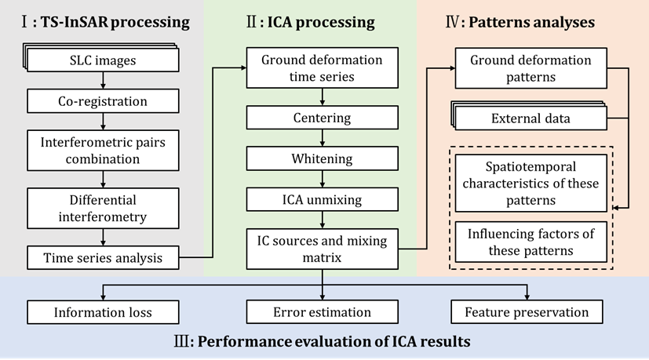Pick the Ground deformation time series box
click(x=321, y=69)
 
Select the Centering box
click(x=321, y=118)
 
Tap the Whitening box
click(x=321, y=158)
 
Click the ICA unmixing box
click(x=321, y=199)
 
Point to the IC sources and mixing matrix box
click(x=321, y=245)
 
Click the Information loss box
click(x=103, y=312)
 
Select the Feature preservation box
click(x=530, y=312)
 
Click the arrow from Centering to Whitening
click(x=322, y=138)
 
